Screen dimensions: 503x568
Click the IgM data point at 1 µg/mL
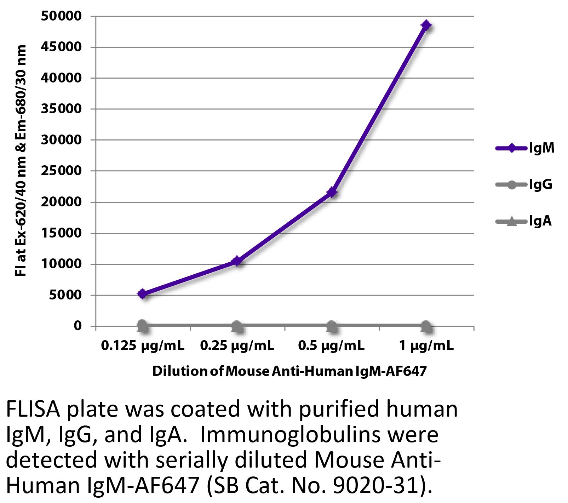[x=426, y=25]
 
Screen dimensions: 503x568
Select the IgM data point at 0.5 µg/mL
[x=332, y=193]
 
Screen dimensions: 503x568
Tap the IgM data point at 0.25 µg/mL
[x=237, y=261]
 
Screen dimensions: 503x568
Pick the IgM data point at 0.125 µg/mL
[x=143, y=293]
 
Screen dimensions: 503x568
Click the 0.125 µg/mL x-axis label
[x=143, y=346]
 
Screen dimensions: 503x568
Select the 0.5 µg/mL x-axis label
[x=332, y=346]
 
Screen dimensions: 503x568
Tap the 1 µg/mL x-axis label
[x=426, y=346]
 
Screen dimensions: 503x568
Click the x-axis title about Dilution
[x=289, y=371]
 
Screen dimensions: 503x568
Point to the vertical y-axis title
[x=21, y=161]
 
